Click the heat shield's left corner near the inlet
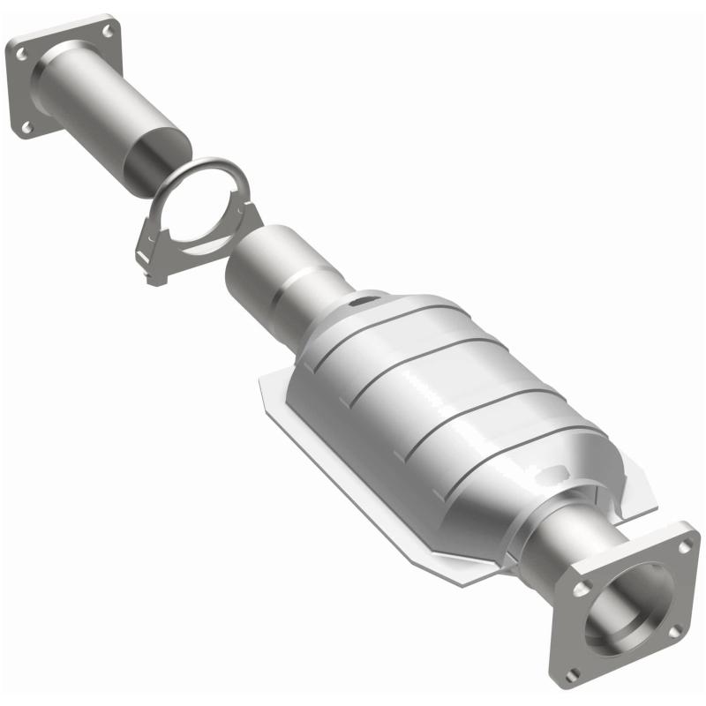point(262,381)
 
